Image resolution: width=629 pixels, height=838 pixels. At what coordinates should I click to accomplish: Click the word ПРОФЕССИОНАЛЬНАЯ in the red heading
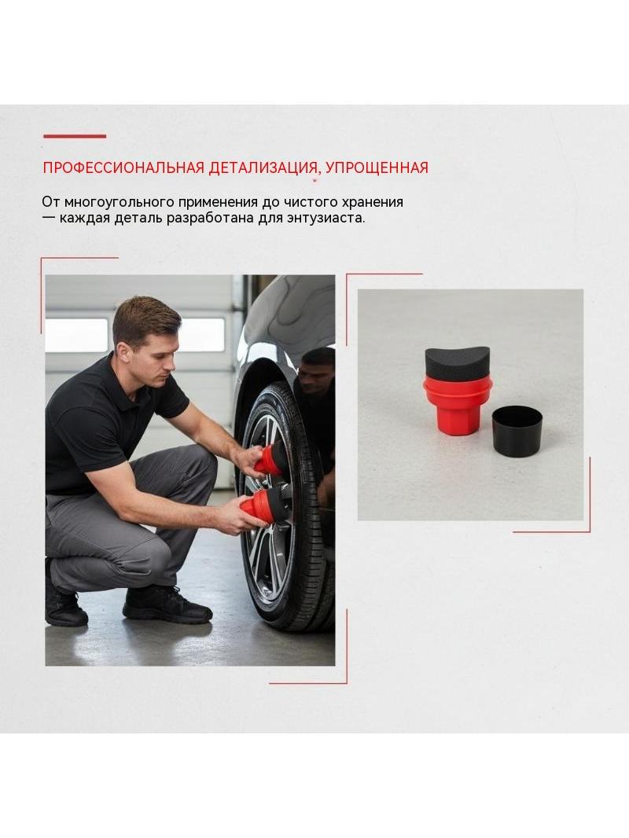pyautogui.click(x=123, y=167)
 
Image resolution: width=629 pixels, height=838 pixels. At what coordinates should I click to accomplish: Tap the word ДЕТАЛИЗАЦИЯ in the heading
pyautogui.click(x=261, y=167)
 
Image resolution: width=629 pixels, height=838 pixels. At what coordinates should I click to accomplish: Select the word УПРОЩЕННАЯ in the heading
pyautogui.click(x=377, y=167)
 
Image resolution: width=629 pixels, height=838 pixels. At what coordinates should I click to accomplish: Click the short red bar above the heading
pyautogui.click(x=75, y=136)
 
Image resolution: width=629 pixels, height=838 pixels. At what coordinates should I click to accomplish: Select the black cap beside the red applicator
pyautogui.click(x=517, y=431)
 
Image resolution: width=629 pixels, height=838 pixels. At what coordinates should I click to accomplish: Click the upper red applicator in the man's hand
pyautogui.click(x=270, y=460)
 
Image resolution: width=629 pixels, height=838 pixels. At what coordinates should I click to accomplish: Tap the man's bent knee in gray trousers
pyautogui.click(x=195, y=465)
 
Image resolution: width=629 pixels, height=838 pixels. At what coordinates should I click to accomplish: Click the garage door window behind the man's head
pyautogui.click(x=204, y=335)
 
